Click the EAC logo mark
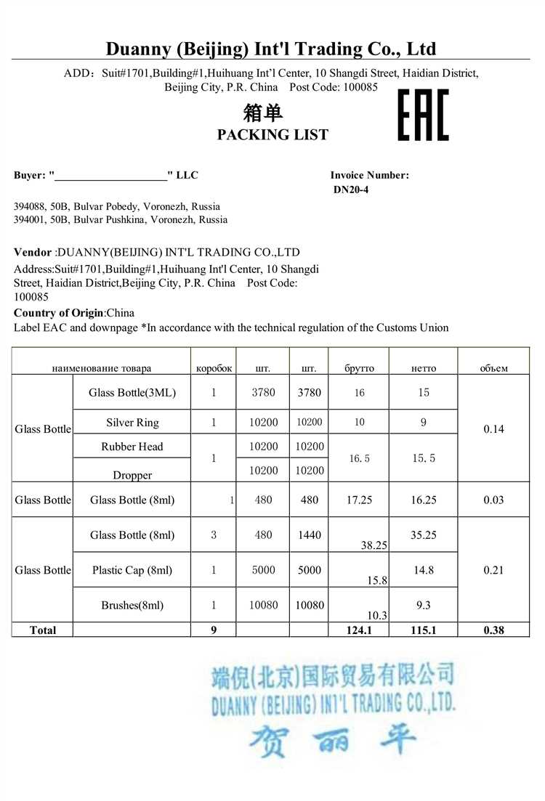[423, 115]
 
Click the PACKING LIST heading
[272, 134]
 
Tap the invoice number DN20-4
[352, 190]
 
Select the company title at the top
[271, 49]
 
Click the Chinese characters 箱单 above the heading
[262, 113]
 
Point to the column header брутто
[359, 368]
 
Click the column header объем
[493, 368]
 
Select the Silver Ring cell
[132, 423]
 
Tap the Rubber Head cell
[132, 447]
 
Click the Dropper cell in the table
[132, 475]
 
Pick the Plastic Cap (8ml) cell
[132, 570]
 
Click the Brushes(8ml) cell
[132, 605]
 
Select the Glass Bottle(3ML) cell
[132, 393]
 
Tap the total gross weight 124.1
[359, 630]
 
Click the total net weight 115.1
[423, 630]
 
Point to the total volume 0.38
[493, 630]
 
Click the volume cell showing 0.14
[493, 429]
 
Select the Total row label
[43, 630]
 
